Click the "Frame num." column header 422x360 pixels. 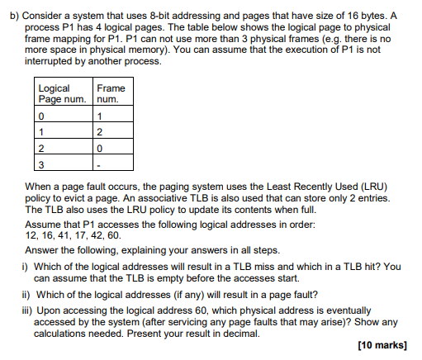(111, 93)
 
